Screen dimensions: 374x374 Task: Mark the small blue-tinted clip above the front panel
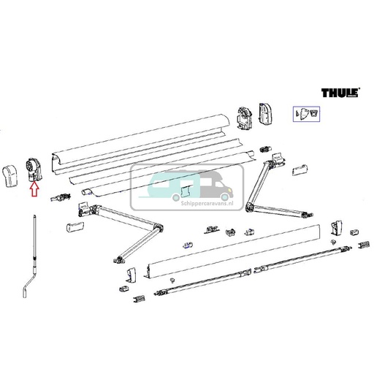tap(188, 245)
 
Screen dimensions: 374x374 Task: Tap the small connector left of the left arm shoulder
tap(64, 198)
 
